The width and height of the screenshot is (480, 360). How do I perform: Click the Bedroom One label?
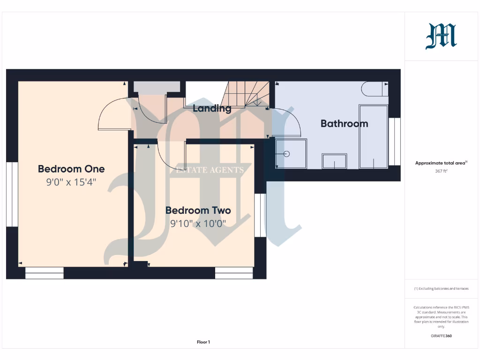pos(71,169)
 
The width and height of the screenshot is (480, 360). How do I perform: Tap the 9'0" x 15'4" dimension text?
pos(71,182)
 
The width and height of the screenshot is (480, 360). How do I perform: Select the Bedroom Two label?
pos(198,210)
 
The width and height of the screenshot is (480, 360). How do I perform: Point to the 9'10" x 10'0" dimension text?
pos(198,224)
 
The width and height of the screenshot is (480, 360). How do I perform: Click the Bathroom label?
pos(344,124)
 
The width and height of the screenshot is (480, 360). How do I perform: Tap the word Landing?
pos(212,108)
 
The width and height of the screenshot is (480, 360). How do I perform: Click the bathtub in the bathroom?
pos(373,136)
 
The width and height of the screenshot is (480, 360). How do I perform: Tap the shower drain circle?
pos(287,154)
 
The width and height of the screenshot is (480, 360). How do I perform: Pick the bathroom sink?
pos(334,161)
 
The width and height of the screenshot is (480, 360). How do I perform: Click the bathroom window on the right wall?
pos(395,141)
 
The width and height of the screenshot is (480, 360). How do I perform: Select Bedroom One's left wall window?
pos(12,195)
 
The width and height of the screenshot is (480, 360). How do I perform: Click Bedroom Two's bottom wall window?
pos(234,273)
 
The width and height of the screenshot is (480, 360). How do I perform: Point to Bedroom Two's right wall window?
pos(260,215)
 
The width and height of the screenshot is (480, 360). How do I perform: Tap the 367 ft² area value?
pos(441,171)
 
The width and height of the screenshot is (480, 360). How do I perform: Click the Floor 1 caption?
pos(203,342)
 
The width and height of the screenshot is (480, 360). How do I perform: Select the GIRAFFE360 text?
pos(441,336)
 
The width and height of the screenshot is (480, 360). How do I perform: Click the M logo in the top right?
pos(441,37)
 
